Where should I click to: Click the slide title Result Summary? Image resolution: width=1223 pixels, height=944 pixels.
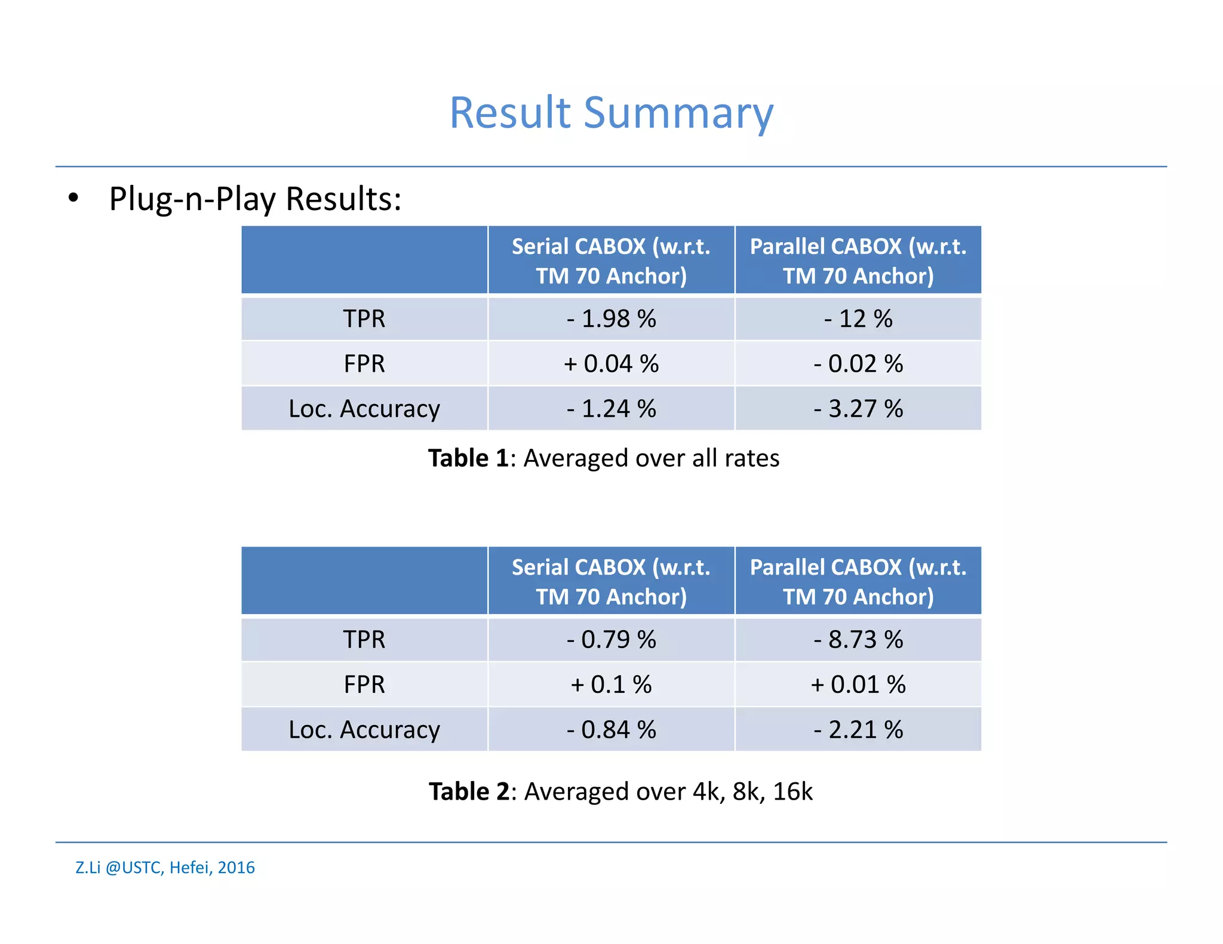(x=611, y=113)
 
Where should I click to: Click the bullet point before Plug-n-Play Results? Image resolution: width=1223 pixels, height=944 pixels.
(x=73, y=198)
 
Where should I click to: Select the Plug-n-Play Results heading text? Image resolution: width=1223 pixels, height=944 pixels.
(x=255, y=199)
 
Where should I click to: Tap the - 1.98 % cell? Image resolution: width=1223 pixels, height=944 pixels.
(x=611, y=319)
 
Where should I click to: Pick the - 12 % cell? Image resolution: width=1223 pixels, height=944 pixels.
(x=858, y=319)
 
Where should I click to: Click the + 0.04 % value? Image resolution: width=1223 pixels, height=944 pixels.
(x=611, y=363)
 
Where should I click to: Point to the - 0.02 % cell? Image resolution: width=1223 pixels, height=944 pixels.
(x=858, y=363)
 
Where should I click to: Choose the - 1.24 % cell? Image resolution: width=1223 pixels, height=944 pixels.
(x=611, y=409)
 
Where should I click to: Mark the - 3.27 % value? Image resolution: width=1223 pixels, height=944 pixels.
(x=858, y=409)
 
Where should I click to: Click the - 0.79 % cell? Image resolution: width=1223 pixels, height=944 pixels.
(x=611, y=640)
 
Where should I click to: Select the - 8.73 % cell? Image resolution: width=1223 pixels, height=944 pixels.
(x=858, y=640)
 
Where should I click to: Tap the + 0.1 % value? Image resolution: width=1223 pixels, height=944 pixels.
(x=611, y=684)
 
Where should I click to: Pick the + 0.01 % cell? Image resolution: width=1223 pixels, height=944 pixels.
(x=858, y=684)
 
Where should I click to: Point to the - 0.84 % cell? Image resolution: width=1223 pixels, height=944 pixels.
(x=611, y=730)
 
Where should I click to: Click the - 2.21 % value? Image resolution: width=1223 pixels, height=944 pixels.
(x=858, y=730)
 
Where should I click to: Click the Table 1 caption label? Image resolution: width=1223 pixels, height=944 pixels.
(x=468, y=458)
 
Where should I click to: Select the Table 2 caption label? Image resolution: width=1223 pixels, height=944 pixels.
(x=469, y=792)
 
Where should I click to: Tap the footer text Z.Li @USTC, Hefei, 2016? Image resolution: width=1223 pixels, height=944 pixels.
(x=165, y=868)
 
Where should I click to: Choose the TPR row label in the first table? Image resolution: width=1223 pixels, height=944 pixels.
(x=364, y=319)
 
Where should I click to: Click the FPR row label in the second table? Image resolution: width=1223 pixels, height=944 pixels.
(x=364, y=684)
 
